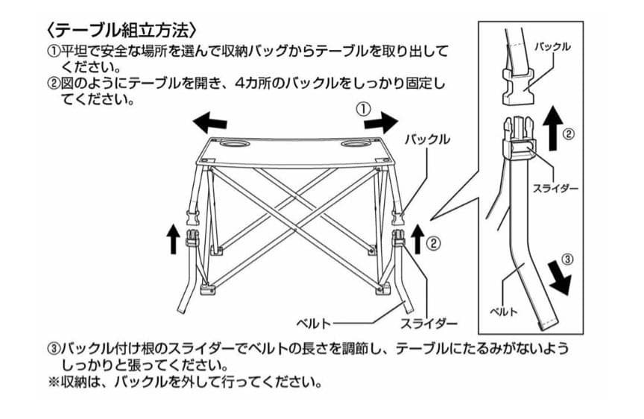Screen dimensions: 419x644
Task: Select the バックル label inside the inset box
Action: pos(552,47)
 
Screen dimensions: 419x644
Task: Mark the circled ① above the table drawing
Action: pos(364,109)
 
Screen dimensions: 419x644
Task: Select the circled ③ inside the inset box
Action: pos(567,260)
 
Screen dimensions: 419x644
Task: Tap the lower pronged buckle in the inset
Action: pos(519,138)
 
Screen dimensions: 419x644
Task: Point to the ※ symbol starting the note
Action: pos(53,385)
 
